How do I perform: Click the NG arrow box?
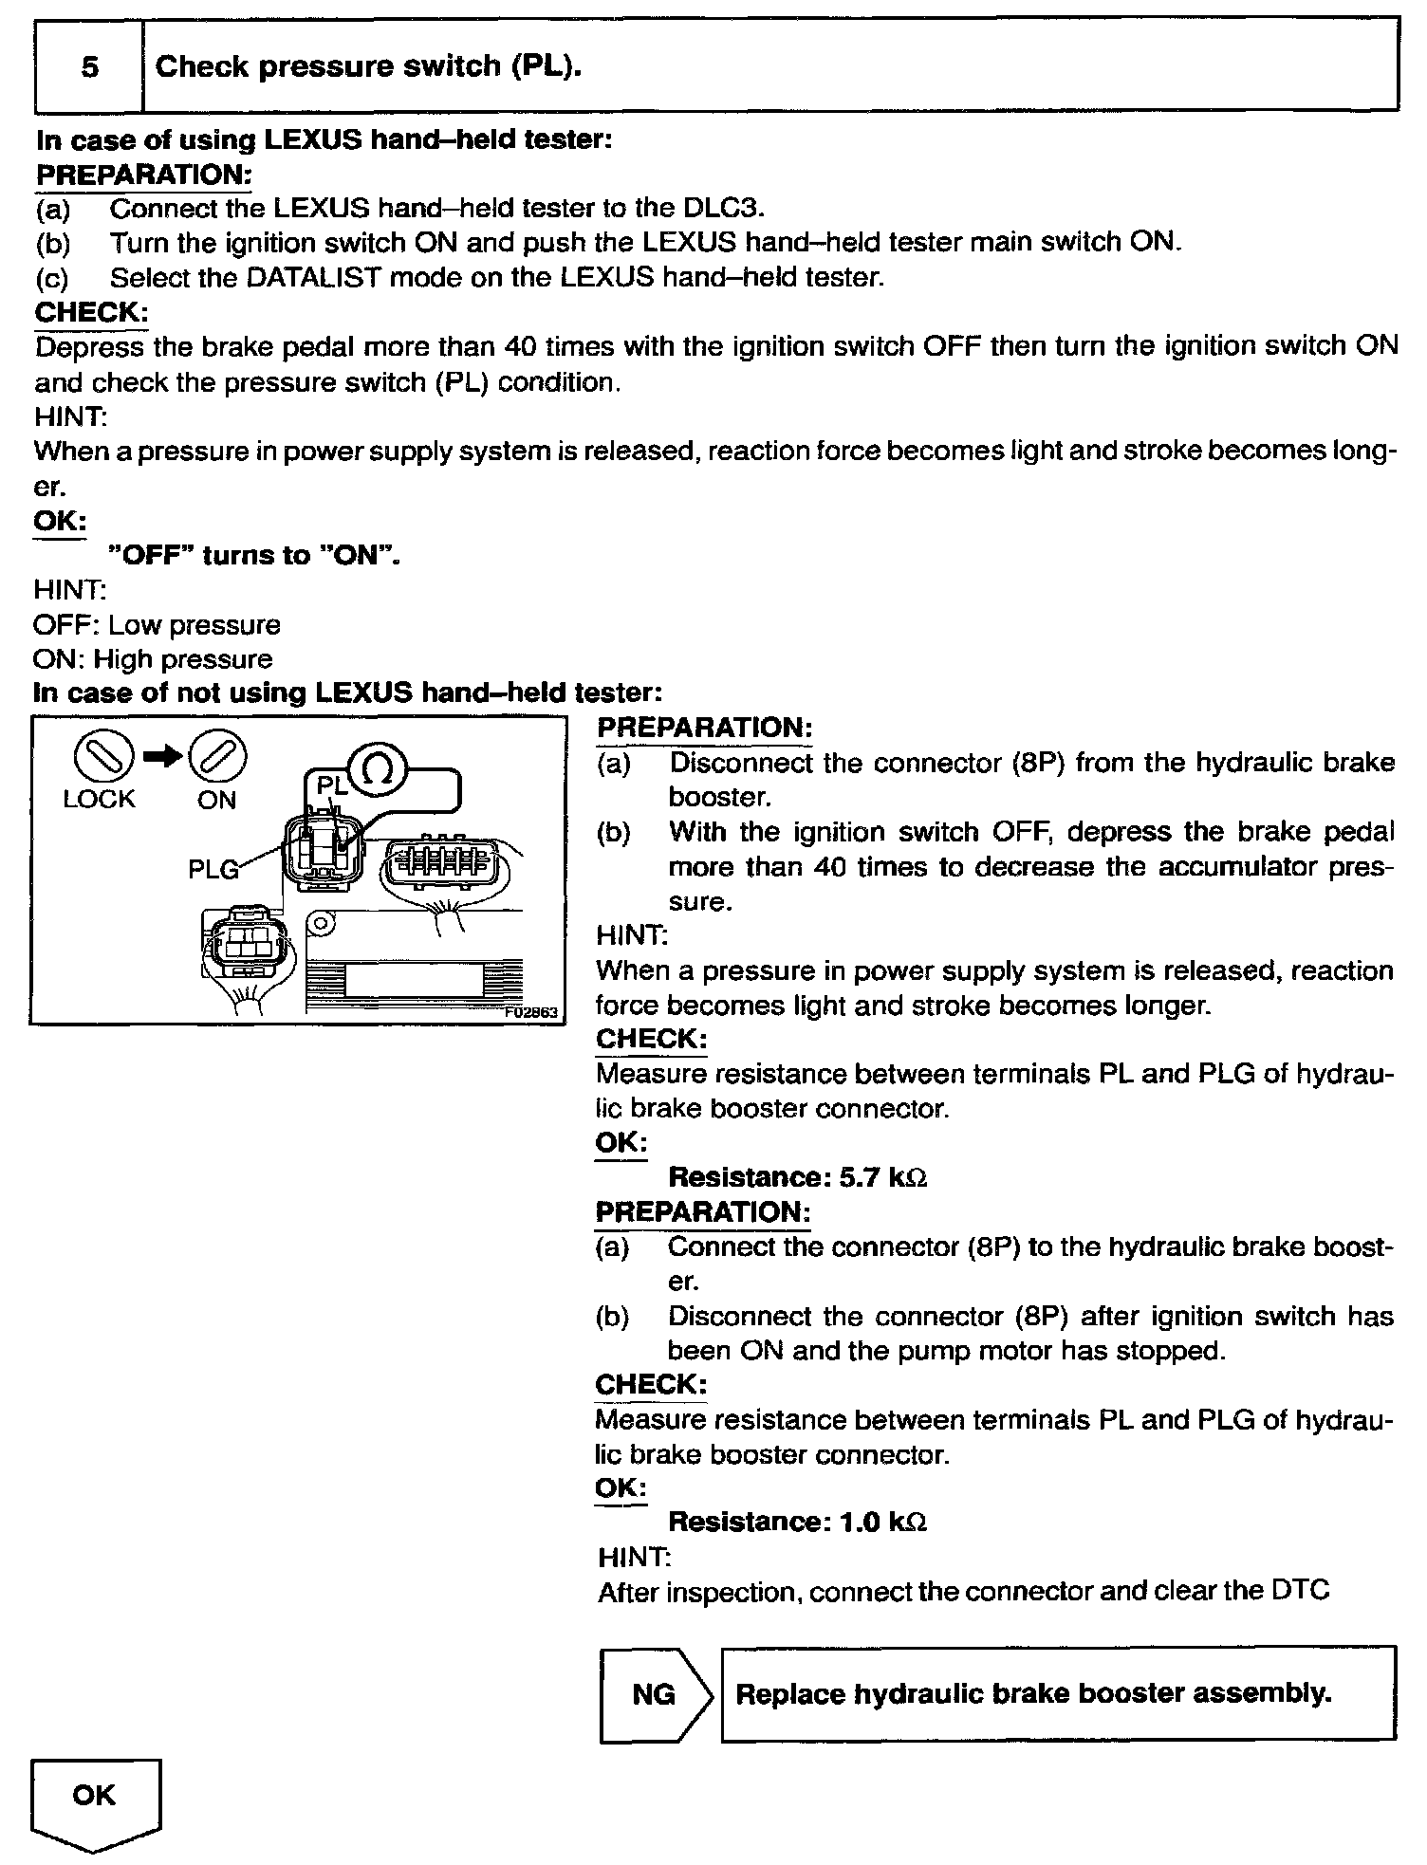pyautogui.click(x=655, y=1694)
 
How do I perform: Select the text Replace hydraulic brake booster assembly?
pyautogui.click(x=1033, y=1693)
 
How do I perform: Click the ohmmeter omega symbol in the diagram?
pyautogui.click(x=377, y=770)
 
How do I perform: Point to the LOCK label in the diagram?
pyautogui.click(x=99, y=800)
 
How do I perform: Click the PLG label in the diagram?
pyautogui.click(x=213, y=868)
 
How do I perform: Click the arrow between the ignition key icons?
pyautogui.click(x=162, y=755)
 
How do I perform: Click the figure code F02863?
pyautogui.click(x=533, y=1013)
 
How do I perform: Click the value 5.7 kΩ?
pyautogui.click(x=882, y=1177)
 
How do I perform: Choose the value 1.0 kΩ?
pyautogui.click(x=882, y=1523)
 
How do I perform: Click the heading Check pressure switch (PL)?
pyautogui.click(x=368, y=67)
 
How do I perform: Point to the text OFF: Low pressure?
pyautogui.click(x=157, y=625)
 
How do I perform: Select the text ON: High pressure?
pyautogui.click(x=153, y=659)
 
